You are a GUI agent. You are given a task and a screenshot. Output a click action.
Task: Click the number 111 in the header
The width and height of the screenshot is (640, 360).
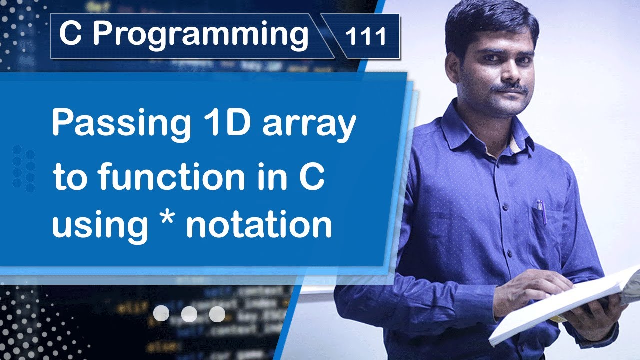(x=366, y=37)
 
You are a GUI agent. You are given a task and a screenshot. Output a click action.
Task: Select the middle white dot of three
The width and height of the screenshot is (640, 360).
(x=189, y=314)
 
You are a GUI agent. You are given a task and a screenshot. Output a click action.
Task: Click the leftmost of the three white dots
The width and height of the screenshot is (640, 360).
(x=161, y=314)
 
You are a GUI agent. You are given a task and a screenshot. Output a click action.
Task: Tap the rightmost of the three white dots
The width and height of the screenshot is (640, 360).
(x=217, y=314)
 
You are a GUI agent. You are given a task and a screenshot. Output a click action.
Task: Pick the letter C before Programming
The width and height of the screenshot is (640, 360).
(x=70, y=34)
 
